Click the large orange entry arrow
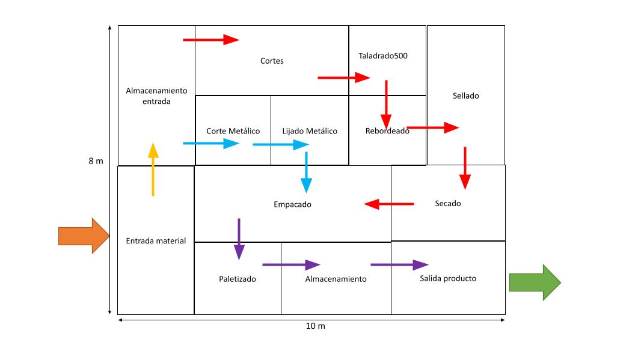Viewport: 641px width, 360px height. (x=83, y=236)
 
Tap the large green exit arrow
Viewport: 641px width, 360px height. (x=534, y=282)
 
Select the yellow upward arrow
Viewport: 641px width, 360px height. (x=153, y=169)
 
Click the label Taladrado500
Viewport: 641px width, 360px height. (x=383, y=56)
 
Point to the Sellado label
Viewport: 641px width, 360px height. (x=466, y=96)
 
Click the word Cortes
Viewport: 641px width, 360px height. (x=272, y=61)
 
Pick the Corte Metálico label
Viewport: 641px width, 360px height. (x=233, y=131)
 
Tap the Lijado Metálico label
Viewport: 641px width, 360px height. (x=310, y=131)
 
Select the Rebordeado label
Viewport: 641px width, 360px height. (x=387, y=131)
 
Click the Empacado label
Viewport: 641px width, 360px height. (x=293, y=204)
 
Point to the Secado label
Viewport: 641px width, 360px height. (x=448, y=204)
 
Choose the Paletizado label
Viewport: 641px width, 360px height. (x=238, y=279)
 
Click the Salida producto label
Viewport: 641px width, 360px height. (x=448, y=278)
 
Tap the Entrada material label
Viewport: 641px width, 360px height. (x=156, y=241)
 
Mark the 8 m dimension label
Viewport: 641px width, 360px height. (x=96, y=161)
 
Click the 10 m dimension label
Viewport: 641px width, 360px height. (x=316, y=326)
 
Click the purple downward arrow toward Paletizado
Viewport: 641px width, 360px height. (x=239, y=239)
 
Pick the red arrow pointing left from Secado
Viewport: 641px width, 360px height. (x=389, y=204)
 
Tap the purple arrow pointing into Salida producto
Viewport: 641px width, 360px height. (x=399, y=264)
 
